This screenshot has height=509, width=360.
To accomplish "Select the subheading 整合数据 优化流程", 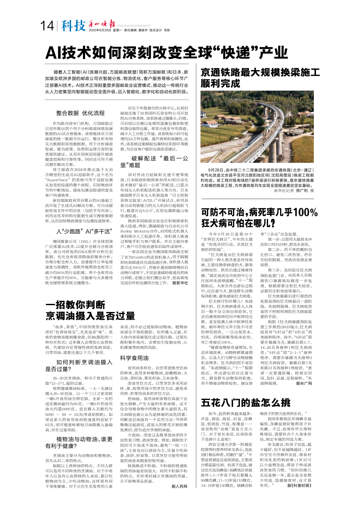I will [x=80, y=113].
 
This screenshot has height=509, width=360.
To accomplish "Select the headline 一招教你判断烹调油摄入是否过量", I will [x=90, y=311].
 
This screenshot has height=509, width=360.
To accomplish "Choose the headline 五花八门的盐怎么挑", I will [x=242, y=401].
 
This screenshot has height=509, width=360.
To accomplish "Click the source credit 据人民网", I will [x=180, y=498].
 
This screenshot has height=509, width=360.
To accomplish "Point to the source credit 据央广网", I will [x=304, y=383].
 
